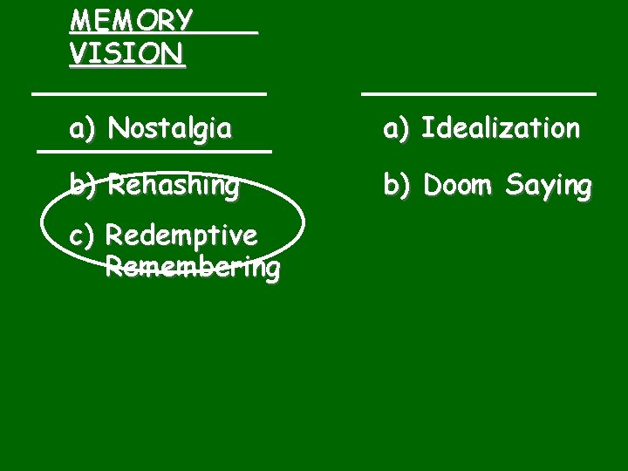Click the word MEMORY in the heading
131,20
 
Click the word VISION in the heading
126,55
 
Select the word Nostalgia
170,130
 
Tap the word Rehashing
173,186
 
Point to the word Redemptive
181,236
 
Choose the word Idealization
500,129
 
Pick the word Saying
551,187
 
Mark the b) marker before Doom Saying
397,185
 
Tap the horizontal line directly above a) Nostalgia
148,91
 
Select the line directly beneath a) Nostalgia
154,152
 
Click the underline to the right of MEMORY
227,32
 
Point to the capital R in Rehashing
117,186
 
